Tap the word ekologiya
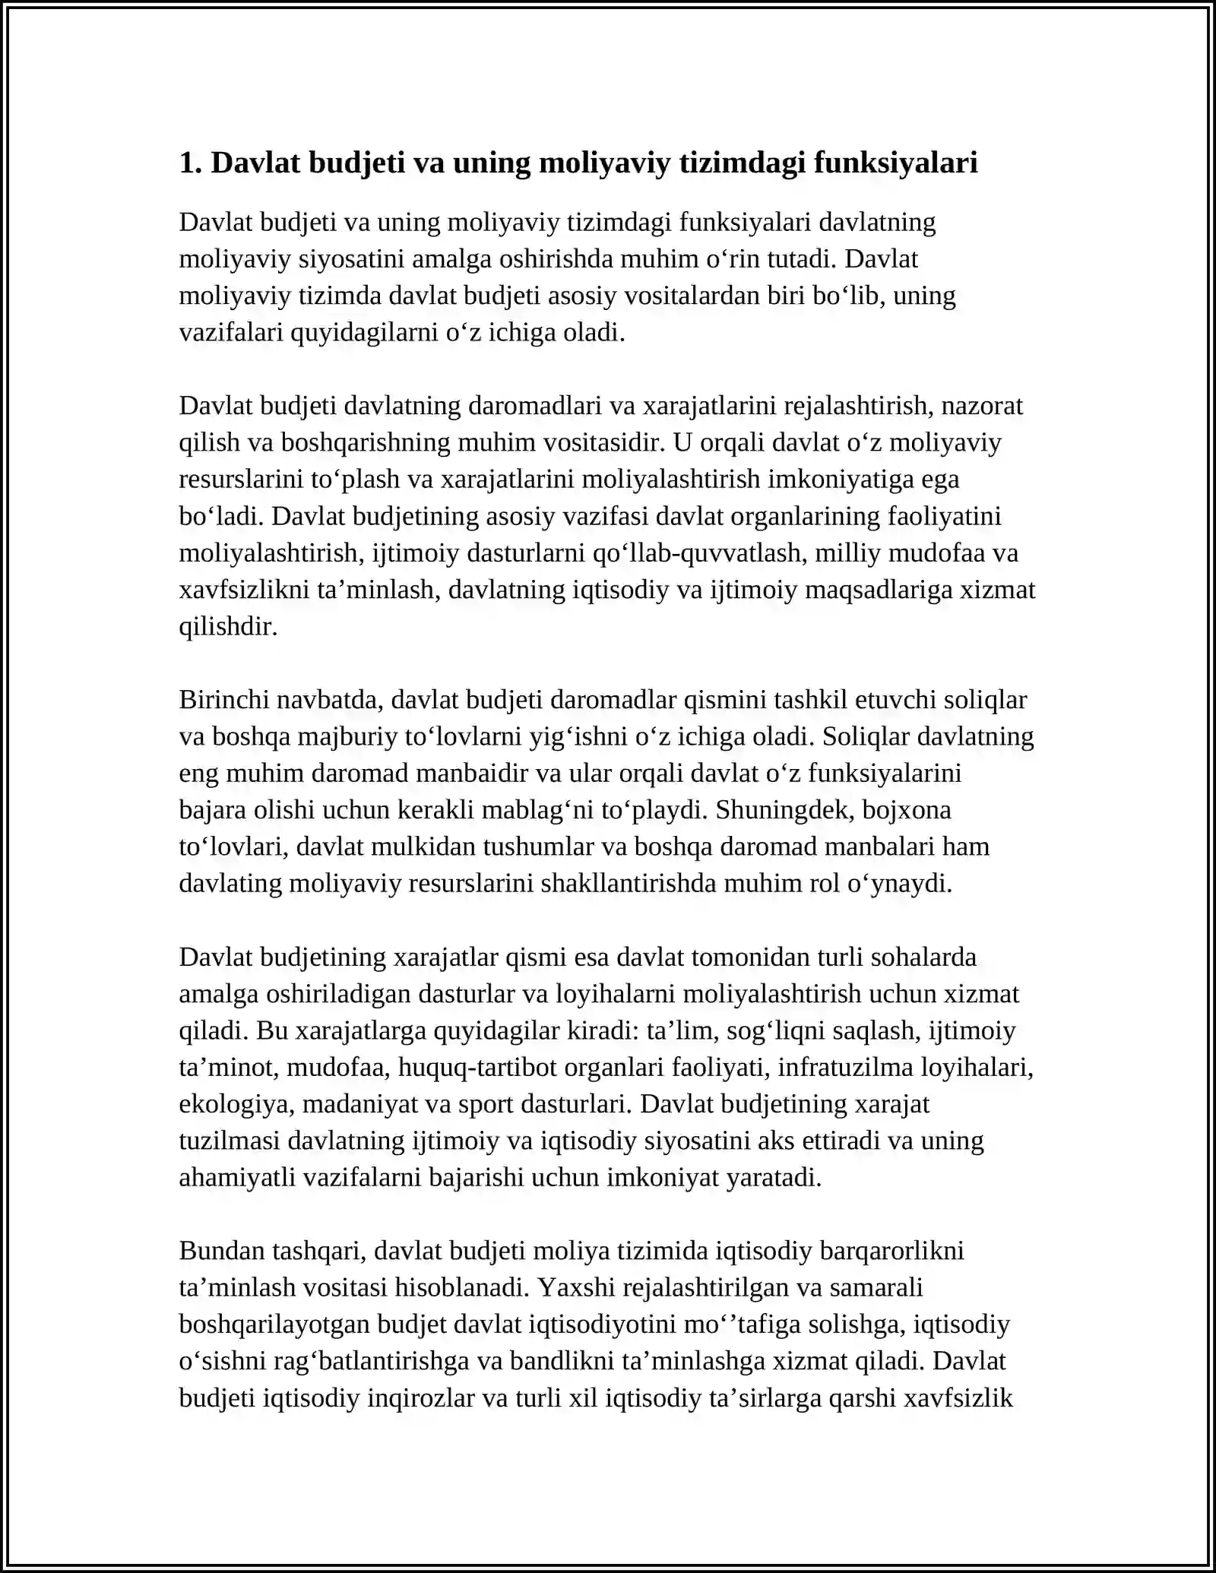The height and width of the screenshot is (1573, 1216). [x=235, y=1104]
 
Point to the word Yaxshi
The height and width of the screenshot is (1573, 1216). [x=577, y=1287]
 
